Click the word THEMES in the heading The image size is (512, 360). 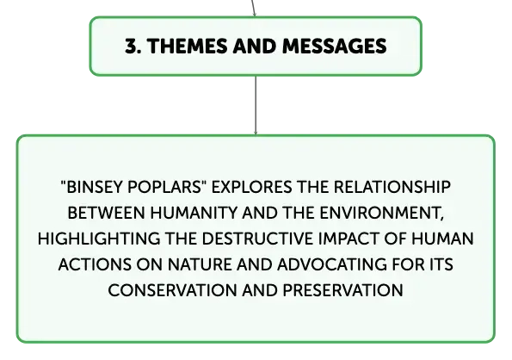click(x=188, y=46)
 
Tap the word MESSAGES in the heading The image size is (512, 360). click(x=335, y=46)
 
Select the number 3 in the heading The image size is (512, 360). click(x=131, y=46)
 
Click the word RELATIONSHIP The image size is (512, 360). click(x=392, y=187)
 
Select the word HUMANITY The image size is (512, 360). click(x=194, y=213)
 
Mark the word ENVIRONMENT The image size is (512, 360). click(x=382, y=214)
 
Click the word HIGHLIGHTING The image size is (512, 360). click(x=99, y=239)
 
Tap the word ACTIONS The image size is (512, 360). click(x=95, y=264)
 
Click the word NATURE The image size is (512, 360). click(x=200, y=264)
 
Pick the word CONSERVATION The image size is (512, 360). click(x=172, y=290)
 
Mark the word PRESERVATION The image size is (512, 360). click(x=342, y=290)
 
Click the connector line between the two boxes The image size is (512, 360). click(x=256, y=105)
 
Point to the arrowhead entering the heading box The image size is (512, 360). click(x=255, y=14)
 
